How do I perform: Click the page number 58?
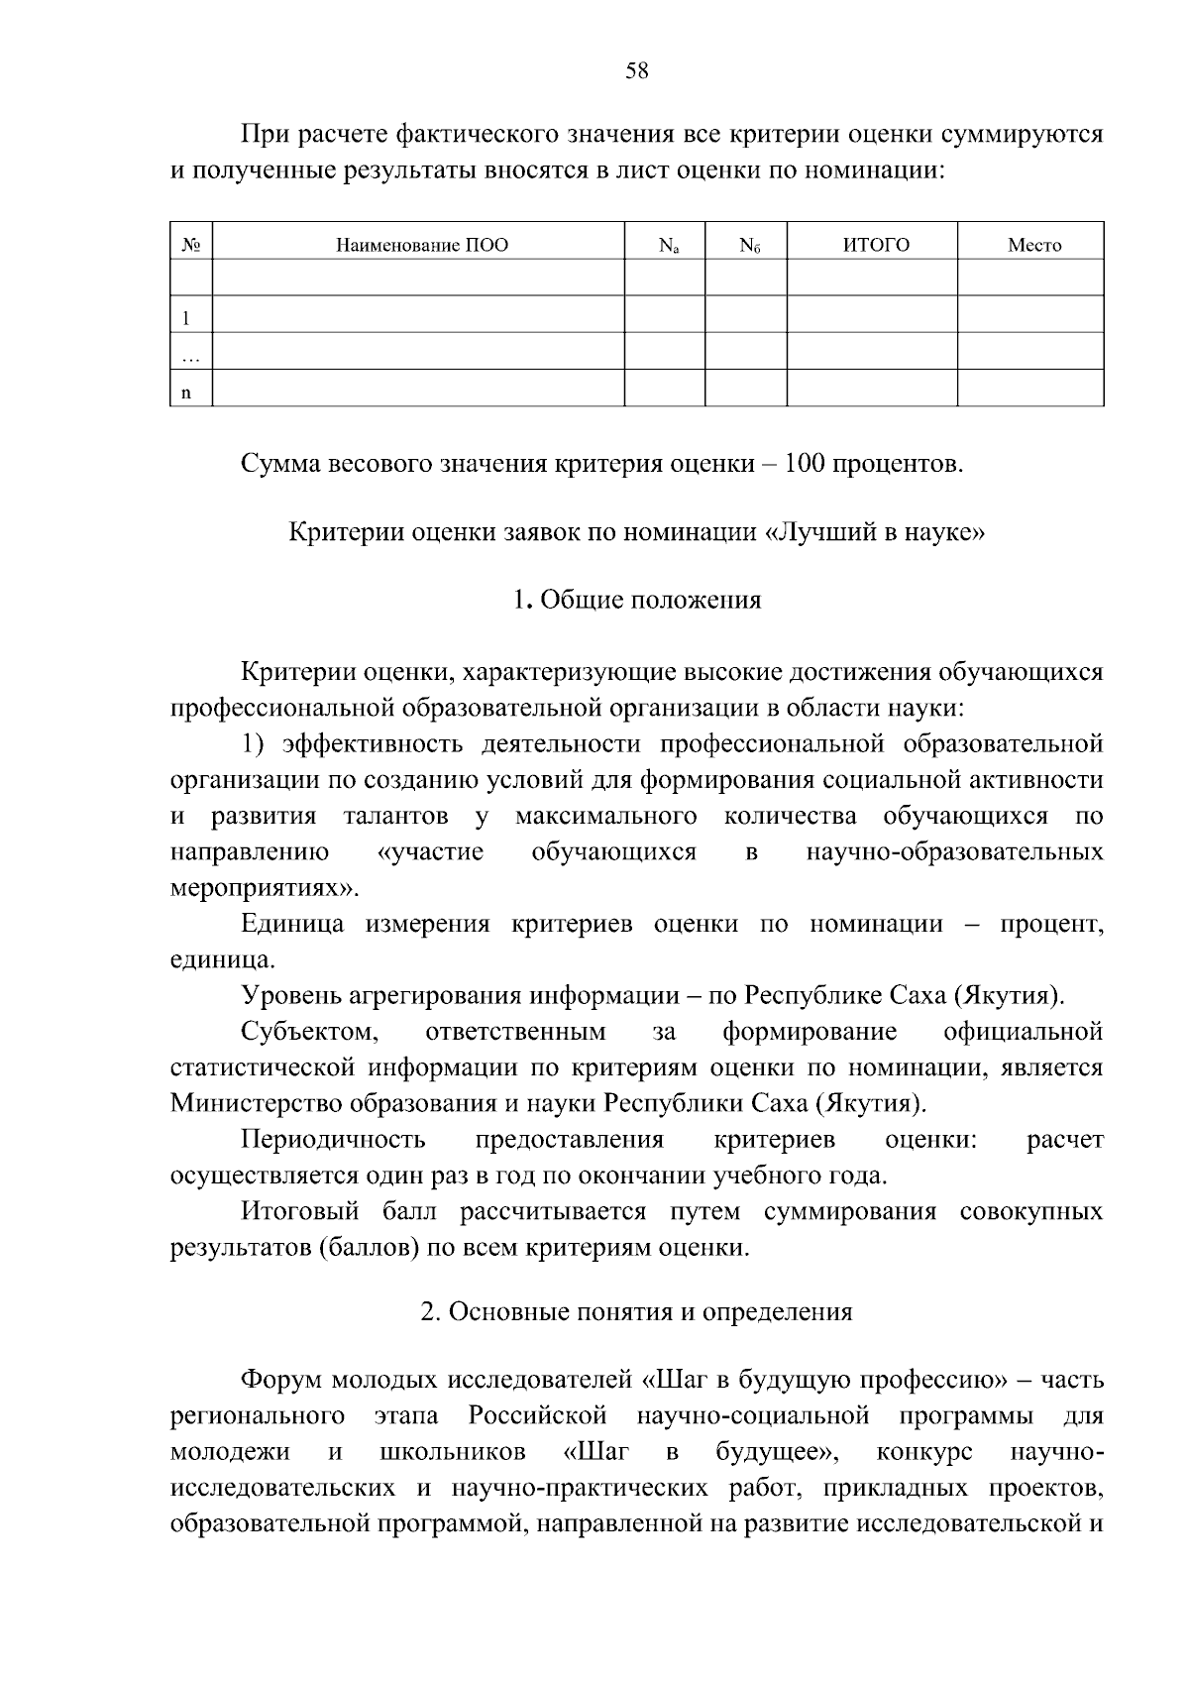[637, 70]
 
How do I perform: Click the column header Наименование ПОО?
[422, 245]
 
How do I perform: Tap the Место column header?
[1033, 245]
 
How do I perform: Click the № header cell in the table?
[192, 245]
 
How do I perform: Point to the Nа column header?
[668, 245]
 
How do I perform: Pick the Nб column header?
[749, 245]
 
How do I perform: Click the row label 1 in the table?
[184, 318]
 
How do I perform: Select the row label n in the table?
[184, 392]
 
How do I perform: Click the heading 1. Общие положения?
[637, 600]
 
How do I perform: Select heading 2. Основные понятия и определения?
[637, 1312]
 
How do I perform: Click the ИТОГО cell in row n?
[872, 388]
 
